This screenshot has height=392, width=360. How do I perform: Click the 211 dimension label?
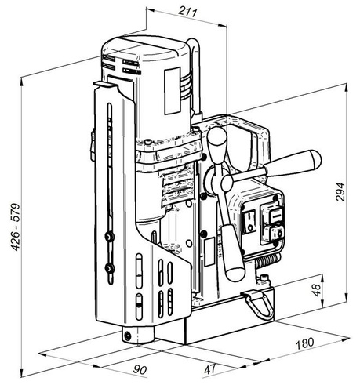(186, 12)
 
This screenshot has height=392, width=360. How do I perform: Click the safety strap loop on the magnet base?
(253, 299)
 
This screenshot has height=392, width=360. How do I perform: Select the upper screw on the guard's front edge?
(107, 234)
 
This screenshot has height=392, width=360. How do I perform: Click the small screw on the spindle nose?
(127, 336)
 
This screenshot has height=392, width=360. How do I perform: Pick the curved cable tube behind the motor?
(198, 71)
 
